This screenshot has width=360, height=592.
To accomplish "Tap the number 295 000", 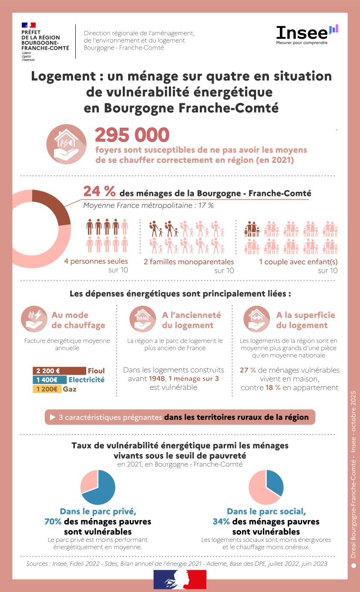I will point(132,135).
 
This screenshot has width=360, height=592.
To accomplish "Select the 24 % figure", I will point(99,192).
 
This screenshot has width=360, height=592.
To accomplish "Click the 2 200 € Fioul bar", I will point(59,371).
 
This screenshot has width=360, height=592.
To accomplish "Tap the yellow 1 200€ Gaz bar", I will point(47,389).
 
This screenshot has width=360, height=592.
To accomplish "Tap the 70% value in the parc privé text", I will point(53,521).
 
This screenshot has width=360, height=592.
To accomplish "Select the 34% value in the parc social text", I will point(221,521).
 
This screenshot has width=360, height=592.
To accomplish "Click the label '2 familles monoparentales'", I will point(189,262).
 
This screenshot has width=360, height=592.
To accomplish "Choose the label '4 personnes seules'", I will point(96,261).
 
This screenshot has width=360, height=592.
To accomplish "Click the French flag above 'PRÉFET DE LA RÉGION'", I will point(29,25).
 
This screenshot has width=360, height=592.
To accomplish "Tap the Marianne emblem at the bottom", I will point(180,579).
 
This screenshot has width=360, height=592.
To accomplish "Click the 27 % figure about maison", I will point(248,370).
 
